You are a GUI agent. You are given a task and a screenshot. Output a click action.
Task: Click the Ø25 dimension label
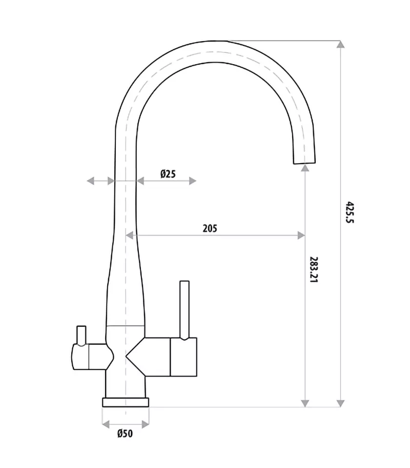[168, 174]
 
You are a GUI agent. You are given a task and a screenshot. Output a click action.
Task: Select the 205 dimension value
[210, 228]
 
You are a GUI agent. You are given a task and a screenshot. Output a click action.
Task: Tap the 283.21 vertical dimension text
[314, 271]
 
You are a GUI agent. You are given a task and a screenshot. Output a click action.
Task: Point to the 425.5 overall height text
[350, 212]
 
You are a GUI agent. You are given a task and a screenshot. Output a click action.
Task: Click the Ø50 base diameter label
[125, 434]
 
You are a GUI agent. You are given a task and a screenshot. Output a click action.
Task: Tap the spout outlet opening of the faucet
[304, 162]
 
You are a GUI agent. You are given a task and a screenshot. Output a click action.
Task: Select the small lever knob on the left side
[80, 335]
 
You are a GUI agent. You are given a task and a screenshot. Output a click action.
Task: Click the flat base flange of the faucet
[126, 402]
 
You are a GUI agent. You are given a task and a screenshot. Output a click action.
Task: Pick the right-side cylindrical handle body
[183, 356]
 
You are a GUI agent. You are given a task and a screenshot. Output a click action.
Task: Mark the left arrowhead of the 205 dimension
[130, 236]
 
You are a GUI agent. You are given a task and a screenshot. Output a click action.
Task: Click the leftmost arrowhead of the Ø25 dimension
[90, 181]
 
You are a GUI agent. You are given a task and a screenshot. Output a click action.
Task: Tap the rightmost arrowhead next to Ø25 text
[193, 181]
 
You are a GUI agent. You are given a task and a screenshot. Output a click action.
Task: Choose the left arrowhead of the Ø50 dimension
[106, 424]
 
